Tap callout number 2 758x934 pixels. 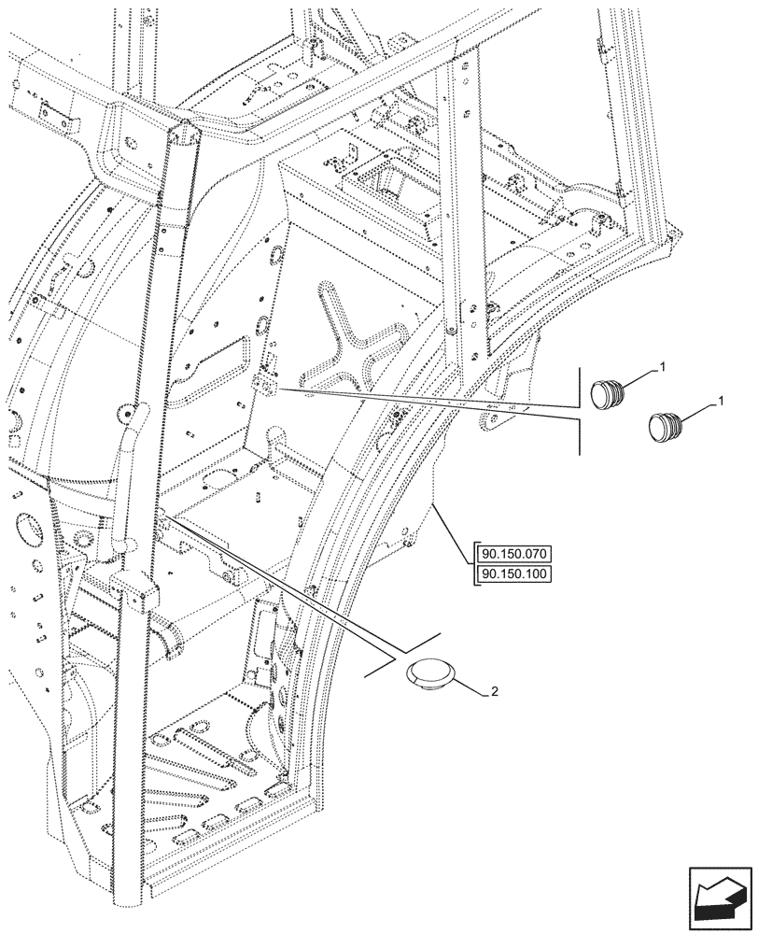495,692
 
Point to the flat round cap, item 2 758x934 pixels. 429,676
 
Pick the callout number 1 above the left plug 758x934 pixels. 661,368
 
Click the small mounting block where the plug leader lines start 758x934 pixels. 269,384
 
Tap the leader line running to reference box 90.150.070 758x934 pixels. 455,532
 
